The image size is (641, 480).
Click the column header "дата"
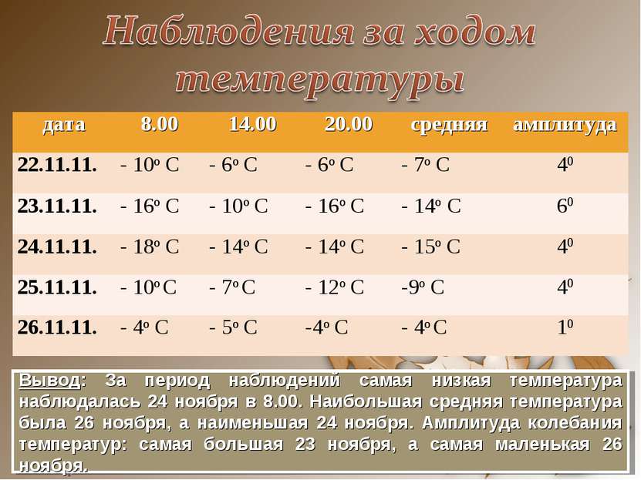[x=65, y=124]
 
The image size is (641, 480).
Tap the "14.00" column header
[x=252, y=124]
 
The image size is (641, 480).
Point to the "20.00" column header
[x=349, y=124]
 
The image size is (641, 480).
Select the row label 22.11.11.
[x=58, y=164]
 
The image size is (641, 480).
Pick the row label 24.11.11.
[x=58, y=247]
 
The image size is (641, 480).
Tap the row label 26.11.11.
[x=58, y=327]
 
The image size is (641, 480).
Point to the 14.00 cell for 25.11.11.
[x=234, y=287]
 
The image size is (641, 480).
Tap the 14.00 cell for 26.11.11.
[x=234, y=327]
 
